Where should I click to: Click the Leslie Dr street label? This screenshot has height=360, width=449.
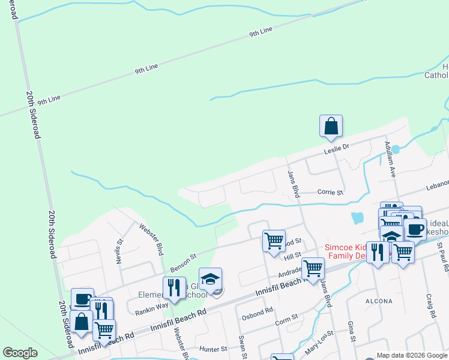(x=337, y=147)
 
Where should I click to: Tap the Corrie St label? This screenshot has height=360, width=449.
(x=330, y=193)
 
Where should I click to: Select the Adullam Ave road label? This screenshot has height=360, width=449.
(x=391, y=159)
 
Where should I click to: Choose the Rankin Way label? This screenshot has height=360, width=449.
(x=151, y=305)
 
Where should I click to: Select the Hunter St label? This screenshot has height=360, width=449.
(x=214, y=349)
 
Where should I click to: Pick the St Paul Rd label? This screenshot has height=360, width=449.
(x=443, y=256)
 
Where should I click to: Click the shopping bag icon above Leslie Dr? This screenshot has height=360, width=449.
(x=331, y=126)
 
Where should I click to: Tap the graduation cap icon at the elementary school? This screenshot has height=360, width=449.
(x=211, y=280)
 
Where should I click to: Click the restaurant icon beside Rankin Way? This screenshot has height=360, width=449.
(x=172, y=287)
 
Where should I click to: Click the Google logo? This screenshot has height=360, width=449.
(x=20, y=353)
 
